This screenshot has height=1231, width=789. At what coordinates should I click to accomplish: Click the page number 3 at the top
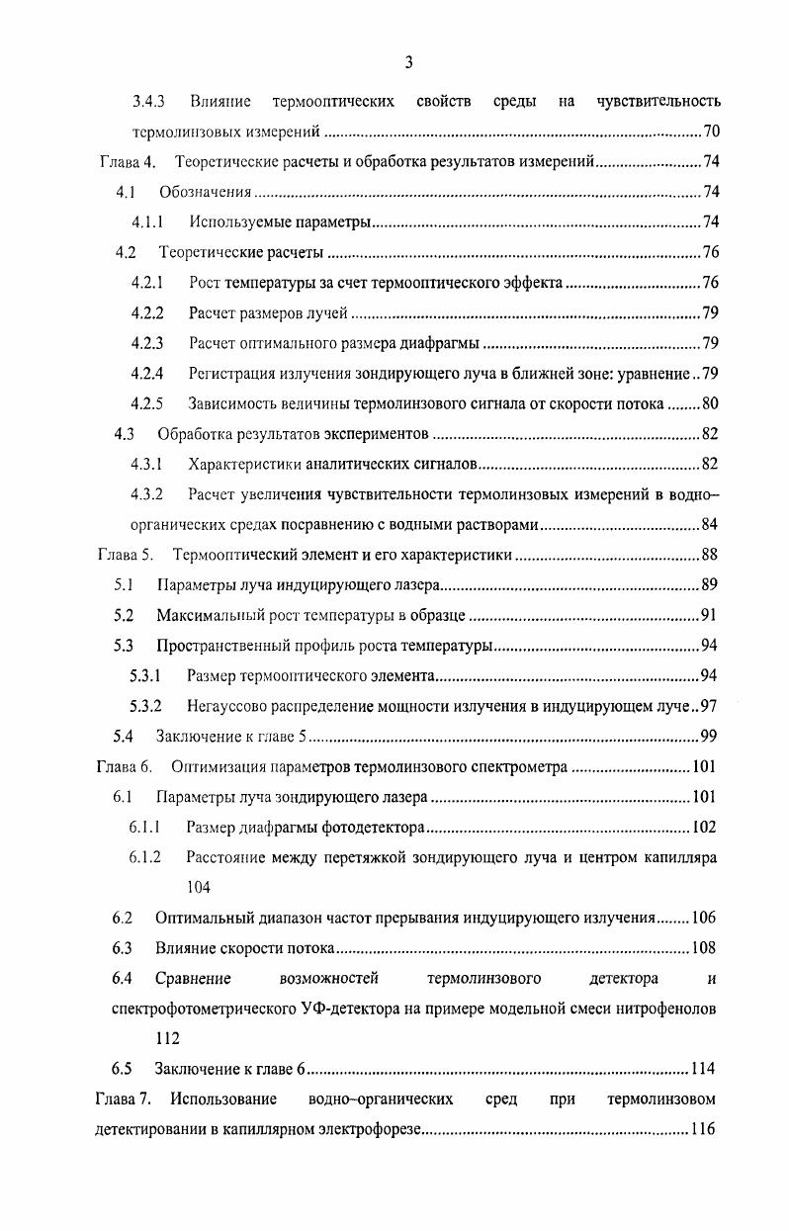click(408, 62)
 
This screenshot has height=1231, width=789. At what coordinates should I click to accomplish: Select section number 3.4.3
click(148, 102)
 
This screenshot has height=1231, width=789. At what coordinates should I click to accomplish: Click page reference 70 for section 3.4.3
click(710, 132)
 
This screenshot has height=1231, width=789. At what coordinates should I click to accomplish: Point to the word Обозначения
click(205, 192)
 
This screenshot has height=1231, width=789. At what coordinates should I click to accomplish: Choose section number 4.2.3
click(146, 343)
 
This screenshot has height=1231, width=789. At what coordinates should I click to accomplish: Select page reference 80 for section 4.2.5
click(710, 403)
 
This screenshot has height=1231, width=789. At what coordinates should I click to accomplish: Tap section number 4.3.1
click(146, 464)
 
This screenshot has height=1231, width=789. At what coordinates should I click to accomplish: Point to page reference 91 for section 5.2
click(708, 615)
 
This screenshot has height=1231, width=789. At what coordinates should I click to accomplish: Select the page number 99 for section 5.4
click(708, 736)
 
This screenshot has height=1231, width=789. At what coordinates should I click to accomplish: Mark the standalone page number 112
click(168, 1039)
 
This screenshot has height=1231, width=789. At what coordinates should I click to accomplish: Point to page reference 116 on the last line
click(704, 1129)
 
